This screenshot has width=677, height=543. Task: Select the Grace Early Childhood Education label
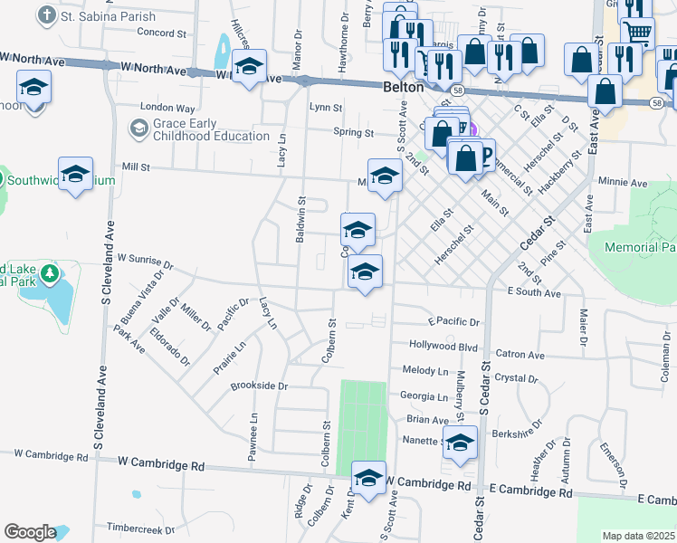click(211, 129)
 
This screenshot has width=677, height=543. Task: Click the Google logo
click(30, 532)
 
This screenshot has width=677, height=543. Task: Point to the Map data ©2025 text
click(638, 536)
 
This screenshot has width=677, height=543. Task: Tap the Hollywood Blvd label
click(443, 346)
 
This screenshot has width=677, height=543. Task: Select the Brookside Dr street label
click(259, 386)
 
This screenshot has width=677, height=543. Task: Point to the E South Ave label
click(534, 292)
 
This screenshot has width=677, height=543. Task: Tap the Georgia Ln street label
click(424, 396)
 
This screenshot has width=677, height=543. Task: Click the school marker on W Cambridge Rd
click(368, 479)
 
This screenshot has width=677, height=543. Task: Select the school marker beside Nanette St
click(460, 443)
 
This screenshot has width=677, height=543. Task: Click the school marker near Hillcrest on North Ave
click(249, 66)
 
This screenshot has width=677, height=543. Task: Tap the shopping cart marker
click(638, 32)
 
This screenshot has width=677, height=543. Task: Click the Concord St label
click(160, 33)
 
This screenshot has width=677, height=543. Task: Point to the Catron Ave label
click(520, 356)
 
